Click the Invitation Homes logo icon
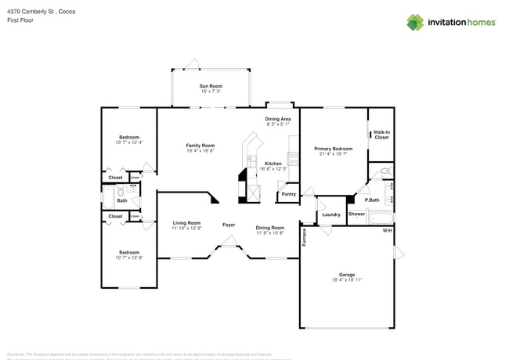(x=414, y=22)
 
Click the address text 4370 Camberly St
(x=34, y=10)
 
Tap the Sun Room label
(x=210, y=86)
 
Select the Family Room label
(x=200, y=145)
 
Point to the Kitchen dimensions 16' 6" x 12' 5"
(x=273, y=169)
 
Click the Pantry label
(x=288, y=194)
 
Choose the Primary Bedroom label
(x=333, y=148)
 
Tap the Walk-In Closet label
(x=381, y=135)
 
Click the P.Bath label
(x=372, y=200)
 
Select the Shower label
(x=356, y=214)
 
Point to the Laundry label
(x=330, y=214)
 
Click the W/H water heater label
(x=387, y=231)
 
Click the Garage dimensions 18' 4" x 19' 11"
(x=347, y=279)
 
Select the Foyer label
(x=228, y=225)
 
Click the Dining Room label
(x=269, y=227)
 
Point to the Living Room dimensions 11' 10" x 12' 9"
(x=186, y=229)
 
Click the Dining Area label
(x=277, y=119)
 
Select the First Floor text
(x=20, y=20)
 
